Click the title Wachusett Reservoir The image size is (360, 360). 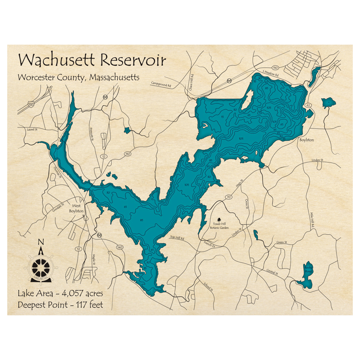pyautogui.click(x=92, y=60)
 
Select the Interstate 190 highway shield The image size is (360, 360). pyautogui.click(x=32, y=104)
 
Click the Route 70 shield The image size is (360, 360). pyautogui.click(x=229, y=197)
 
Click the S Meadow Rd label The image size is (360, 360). pyautogui.click(x=270, y=72)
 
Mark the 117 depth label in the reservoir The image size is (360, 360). pyautogui.click(x=278, y=108)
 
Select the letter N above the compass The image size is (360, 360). pyautogui.click(x=41, y=242)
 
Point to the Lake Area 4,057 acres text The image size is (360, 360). pyautogui.click(x=60, y=293)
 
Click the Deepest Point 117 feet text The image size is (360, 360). pyautogui.click(x=60, y=305)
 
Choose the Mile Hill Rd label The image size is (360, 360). pyautogui.click(x=313, y=220)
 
